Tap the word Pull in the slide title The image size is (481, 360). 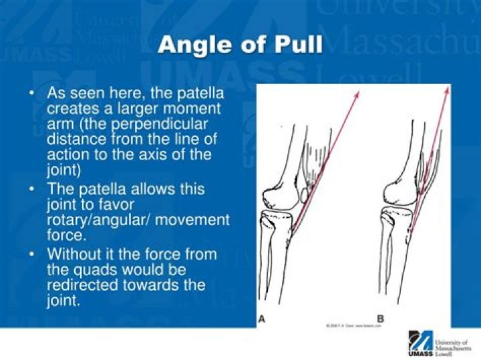click(x=299, y=45)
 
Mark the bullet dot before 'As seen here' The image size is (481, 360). click(x=32, y=94)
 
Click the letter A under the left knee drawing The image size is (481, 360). click(x=263, y=319)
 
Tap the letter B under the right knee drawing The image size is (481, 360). click(x=380, y=319)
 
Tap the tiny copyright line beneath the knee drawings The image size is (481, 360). click(x=353, y=325)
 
